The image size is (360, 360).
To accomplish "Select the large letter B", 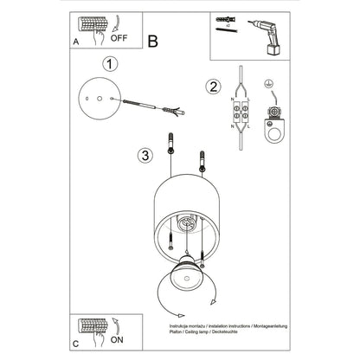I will click(x=152, y=40).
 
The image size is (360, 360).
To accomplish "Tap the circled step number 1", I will click(x=109, y=63).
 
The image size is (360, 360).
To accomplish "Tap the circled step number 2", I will click(x=212, y=86).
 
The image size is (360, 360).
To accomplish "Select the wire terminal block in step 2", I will click(x=238, y=112).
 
